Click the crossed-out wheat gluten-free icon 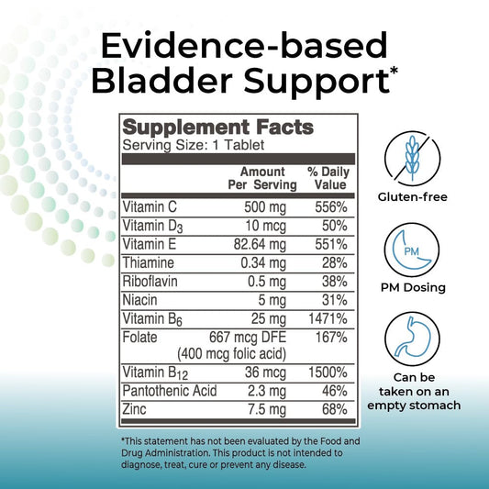412,159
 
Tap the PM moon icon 412,250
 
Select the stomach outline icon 412,339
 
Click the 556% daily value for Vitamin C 331,207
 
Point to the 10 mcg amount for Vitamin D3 265,226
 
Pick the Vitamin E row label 150,244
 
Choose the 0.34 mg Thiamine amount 263,263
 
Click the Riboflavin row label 150,282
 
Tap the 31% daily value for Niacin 335,300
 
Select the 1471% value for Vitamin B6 328,318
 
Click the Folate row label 139,337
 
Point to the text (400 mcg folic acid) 232,354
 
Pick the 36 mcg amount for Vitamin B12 265,372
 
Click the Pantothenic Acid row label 170,391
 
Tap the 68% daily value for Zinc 335,409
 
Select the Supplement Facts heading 218,128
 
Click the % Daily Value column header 328,178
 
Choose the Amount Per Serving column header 262,178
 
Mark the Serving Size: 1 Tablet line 194,145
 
